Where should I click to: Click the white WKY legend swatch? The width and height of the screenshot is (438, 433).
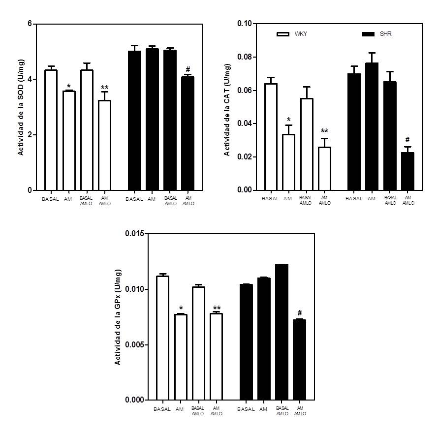click(283, 34)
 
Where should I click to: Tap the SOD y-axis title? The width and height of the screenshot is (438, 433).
click(21, 107)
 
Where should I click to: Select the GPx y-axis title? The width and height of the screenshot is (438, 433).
click(118, 317)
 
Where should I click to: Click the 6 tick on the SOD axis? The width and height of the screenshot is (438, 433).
click(30, 24)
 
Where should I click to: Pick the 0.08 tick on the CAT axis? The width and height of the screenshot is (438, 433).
click(244, 57)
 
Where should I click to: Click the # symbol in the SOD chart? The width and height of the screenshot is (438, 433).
click(188, 69)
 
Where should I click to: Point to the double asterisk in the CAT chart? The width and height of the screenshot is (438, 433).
click(324, 131)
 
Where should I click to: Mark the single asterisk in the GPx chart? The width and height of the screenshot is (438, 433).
click(181, 309)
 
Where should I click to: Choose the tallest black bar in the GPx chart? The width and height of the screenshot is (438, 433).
click(282, 332)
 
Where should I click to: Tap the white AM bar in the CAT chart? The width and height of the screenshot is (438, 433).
click(288, 162)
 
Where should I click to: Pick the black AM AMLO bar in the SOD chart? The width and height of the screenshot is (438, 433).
click(188, 133)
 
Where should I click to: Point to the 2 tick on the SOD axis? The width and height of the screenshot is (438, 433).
click(30, 135)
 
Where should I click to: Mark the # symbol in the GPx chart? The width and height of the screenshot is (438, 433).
click(299, 313)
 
